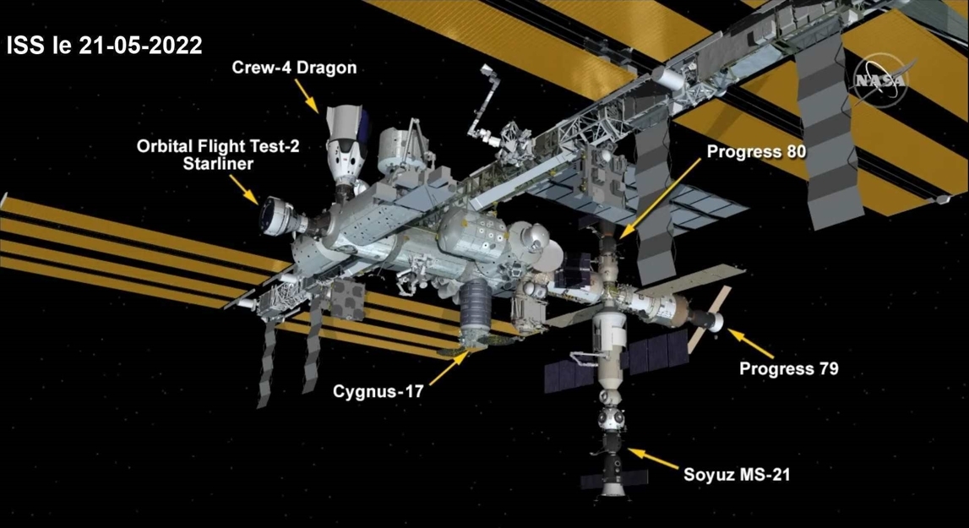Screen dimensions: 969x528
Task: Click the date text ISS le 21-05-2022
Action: point(105,46)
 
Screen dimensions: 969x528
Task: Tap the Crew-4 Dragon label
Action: point(294,68)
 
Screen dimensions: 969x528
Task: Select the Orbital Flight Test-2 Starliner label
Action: point(218,155)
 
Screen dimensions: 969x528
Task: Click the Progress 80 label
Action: point(756,151)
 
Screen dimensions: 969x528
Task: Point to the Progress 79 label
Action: point(789,369)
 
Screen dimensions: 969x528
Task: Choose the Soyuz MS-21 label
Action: point(737,475)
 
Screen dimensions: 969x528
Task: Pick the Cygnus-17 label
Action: point(378,391)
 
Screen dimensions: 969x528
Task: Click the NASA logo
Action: point(880,80)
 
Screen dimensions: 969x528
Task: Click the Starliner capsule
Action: point(282,216)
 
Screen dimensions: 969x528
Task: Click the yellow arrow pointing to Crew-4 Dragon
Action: point(307,95)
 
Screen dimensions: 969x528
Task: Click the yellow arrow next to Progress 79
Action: point(750,344)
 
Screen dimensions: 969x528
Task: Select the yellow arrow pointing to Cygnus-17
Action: point(448,367)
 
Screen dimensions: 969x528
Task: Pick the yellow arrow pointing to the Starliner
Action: point(243,189)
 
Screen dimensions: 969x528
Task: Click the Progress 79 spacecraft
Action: point(705,315)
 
